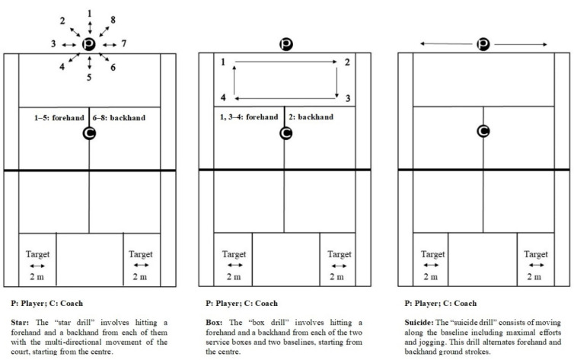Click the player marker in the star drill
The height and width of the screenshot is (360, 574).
click(89, 44)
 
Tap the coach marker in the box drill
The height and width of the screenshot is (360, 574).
click(285, 132)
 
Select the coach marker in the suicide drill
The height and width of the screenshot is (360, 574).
click(482, 131)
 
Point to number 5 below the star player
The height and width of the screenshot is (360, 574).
click(89, 78)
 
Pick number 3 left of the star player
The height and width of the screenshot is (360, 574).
click(53, 45)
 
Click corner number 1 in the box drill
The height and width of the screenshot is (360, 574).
click(222, 62)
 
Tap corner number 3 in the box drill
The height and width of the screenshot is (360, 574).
click(346, 98)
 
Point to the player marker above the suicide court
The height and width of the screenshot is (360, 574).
click(482, 45)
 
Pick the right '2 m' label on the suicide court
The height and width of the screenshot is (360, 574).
click(534, 277)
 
